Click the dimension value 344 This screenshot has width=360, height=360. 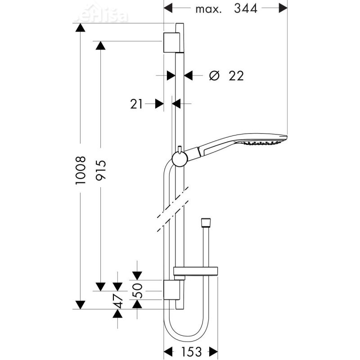[246, 8]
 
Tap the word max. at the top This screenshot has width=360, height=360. [208, 9]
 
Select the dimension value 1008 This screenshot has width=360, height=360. [80, 171]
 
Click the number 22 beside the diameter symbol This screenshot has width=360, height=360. [236, 76]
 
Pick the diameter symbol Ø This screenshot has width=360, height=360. [214, 76]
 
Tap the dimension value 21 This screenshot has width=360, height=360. [136, 104]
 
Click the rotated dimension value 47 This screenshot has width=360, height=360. [118, 301]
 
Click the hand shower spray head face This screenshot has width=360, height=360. [264, 143]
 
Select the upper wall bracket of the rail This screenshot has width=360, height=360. [171, 42]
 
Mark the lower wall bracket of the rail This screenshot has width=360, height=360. [171, 291]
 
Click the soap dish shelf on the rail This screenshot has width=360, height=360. [196, 271]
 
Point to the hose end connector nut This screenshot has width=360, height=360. [205, 222]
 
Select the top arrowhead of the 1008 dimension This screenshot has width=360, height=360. [80, 27]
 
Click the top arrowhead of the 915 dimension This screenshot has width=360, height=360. [100, 45]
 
